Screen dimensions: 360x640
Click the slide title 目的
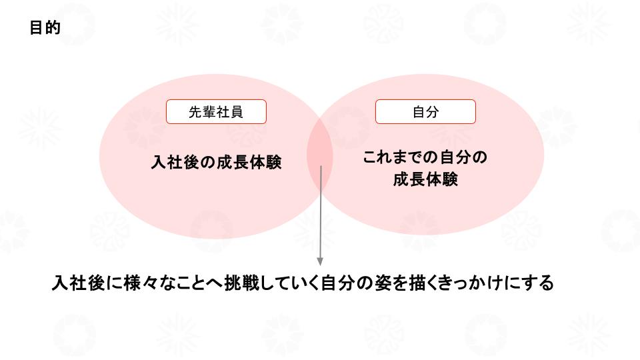tap(45, 28)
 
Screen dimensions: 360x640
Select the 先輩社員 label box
tap(216, 112)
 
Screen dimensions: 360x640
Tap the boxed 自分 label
tap(425, 112)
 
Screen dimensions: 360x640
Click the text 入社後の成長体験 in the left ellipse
tap(216, 163)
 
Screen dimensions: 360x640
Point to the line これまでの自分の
tap(425, 158)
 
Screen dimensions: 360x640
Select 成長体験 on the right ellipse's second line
tap(425, 180)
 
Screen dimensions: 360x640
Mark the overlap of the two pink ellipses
tap(320, 157)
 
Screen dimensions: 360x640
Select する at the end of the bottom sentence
tap(537, 283)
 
